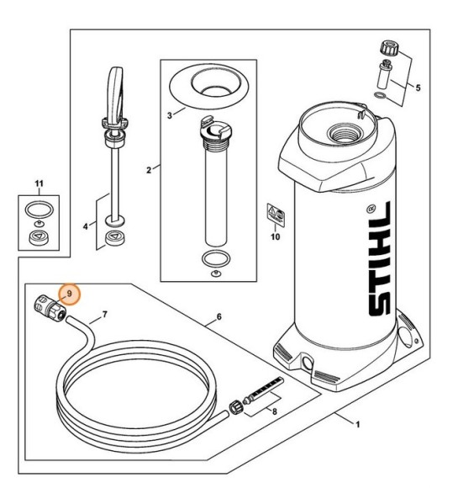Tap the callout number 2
point(149,170)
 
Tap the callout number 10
point(273,238)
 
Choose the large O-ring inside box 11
point(38,207)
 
